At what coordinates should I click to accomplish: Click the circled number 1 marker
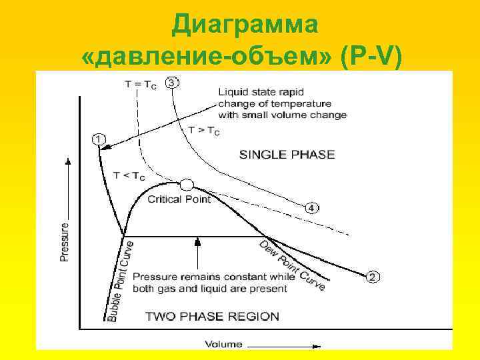tap(98, 139)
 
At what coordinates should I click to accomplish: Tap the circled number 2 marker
tap(373, 276)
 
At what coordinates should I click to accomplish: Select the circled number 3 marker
tap(172, 83)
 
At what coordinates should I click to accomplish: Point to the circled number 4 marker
tap(313, 208)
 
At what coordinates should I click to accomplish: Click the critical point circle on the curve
tap(187, 185)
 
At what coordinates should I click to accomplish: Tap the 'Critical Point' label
tap(179, 199)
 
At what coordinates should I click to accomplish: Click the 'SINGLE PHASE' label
tap(286, 155)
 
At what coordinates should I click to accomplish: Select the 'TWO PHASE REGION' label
tap(212, 316)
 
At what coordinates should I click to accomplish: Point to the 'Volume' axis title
tap(224, 345)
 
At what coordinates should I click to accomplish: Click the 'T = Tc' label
tap(141, 85)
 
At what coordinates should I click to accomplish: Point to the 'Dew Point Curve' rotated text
tap(292, 265)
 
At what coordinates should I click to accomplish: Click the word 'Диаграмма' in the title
tap(245, 25)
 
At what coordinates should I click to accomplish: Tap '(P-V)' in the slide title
tap(370, 57)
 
